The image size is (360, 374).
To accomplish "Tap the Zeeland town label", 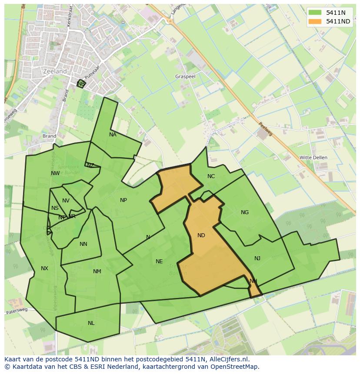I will point(55,71).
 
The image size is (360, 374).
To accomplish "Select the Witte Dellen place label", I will point(313,157).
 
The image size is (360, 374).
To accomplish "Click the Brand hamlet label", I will point(50,136).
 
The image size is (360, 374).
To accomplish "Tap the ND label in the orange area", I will point(201,235).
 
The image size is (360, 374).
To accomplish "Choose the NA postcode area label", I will point(113,135).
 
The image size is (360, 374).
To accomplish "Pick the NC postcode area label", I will point(211,176).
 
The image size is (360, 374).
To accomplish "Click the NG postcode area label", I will point(245,212).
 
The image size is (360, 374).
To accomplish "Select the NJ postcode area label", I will point(257,258).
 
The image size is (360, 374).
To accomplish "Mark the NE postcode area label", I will point(159,261).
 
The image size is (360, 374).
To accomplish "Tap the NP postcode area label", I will point(123,200).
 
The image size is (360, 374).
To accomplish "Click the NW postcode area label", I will point(55,173).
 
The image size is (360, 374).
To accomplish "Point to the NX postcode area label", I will point(44,268).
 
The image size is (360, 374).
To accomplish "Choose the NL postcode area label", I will point(91,323).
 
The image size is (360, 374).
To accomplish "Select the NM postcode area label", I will point(97,271).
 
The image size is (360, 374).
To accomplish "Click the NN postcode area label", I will point(83,244).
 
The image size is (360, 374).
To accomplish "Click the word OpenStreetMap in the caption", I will point(235,367).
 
